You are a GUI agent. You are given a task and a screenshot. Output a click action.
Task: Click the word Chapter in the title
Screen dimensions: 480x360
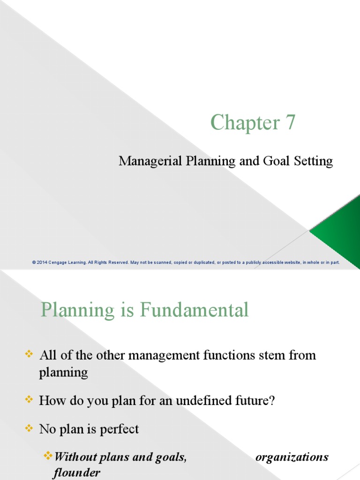coord(245,123)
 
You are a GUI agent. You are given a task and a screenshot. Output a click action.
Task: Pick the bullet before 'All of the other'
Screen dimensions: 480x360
coord(29,354)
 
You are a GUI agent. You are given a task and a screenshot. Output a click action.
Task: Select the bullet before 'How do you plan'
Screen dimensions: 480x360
coord(29,399)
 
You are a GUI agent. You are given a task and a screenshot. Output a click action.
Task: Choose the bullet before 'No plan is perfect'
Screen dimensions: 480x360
coord(29,428)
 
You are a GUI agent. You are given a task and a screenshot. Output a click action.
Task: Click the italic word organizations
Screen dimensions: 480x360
coord(292,457)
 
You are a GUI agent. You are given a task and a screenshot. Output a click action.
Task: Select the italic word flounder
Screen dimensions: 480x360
coord(76,472)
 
